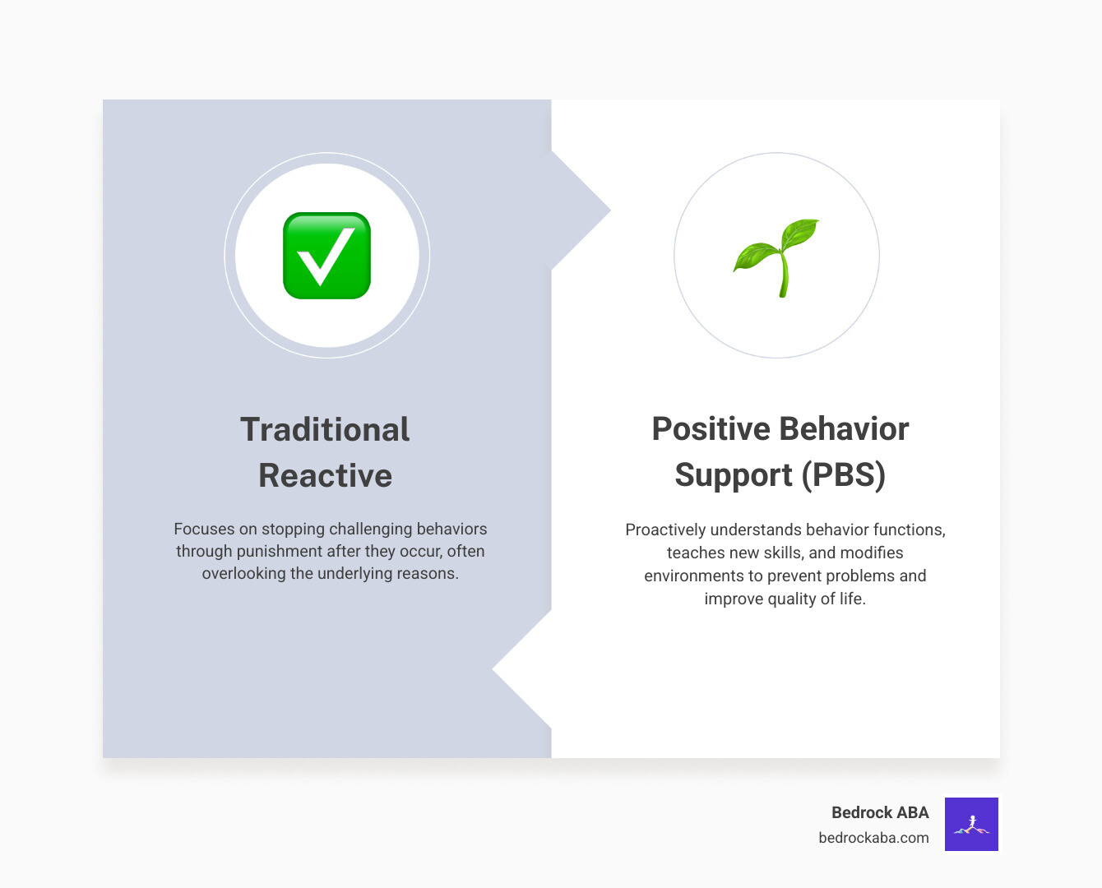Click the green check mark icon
click(326, 256)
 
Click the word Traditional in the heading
click(325, 429)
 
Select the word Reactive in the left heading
click(325, 475)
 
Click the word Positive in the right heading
click(710, 429)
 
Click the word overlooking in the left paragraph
click(244, 573)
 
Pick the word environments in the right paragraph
click(693, 576)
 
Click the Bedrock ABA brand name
click(879, 812)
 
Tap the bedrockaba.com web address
click(873, 838)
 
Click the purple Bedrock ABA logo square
click(971, 824)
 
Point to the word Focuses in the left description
click(204, 529)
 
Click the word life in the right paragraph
click(851, 599)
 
